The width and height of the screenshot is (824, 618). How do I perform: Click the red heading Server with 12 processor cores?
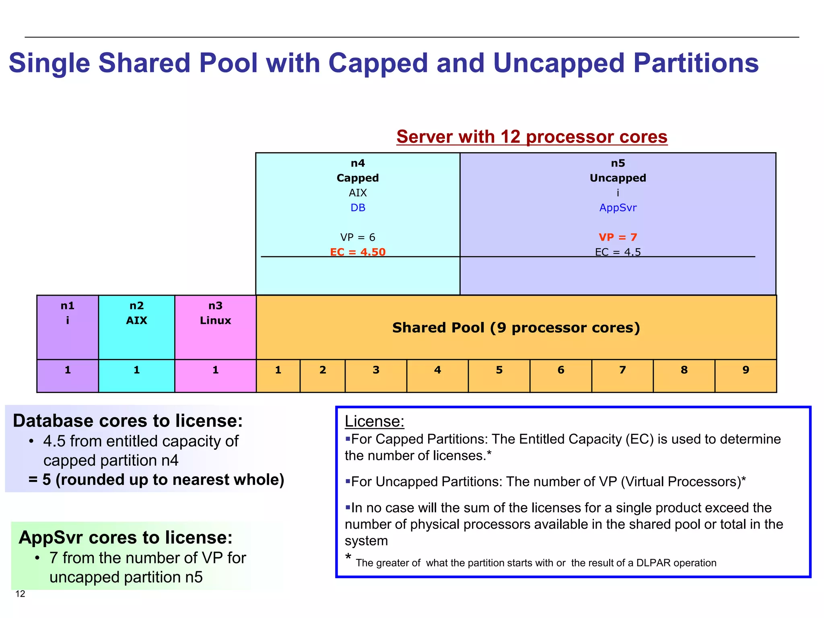click(531, 137)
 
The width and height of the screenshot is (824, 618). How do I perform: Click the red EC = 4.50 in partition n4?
click(358, 252)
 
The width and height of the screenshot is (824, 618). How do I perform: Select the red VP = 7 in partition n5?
click(618, 237)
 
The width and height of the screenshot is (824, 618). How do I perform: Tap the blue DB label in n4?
click(358, 208)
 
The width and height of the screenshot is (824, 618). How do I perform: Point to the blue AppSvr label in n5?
click(618, 208)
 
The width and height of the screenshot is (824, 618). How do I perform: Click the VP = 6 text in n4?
click(358, 237)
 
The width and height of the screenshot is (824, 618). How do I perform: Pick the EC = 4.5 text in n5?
click(618, 252)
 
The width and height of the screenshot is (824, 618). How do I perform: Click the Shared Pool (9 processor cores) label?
click(516, 328)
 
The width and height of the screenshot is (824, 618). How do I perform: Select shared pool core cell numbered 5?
click(499, 370)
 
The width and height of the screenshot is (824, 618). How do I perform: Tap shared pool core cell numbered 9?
click(746, 370)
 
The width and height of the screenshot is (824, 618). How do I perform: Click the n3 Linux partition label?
click(215, 313)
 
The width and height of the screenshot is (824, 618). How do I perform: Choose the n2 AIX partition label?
click(136, 313)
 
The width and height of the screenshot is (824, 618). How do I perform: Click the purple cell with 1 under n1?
click(68, 370)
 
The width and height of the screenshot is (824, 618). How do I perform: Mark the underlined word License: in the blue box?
click(374, 421)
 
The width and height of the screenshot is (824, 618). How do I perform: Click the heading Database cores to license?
click(128, 421)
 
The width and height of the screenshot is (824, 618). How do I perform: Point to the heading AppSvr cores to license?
click(126, 538)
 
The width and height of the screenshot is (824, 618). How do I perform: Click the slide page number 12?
click(20, 594)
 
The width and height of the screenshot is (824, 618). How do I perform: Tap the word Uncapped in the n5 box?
click(618, 178)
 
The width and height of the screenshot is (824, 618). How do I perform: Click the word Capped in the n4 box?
click(358, 178)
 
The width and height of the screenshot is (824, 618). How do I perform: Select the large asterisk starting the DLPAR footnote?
click(348, 557)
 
